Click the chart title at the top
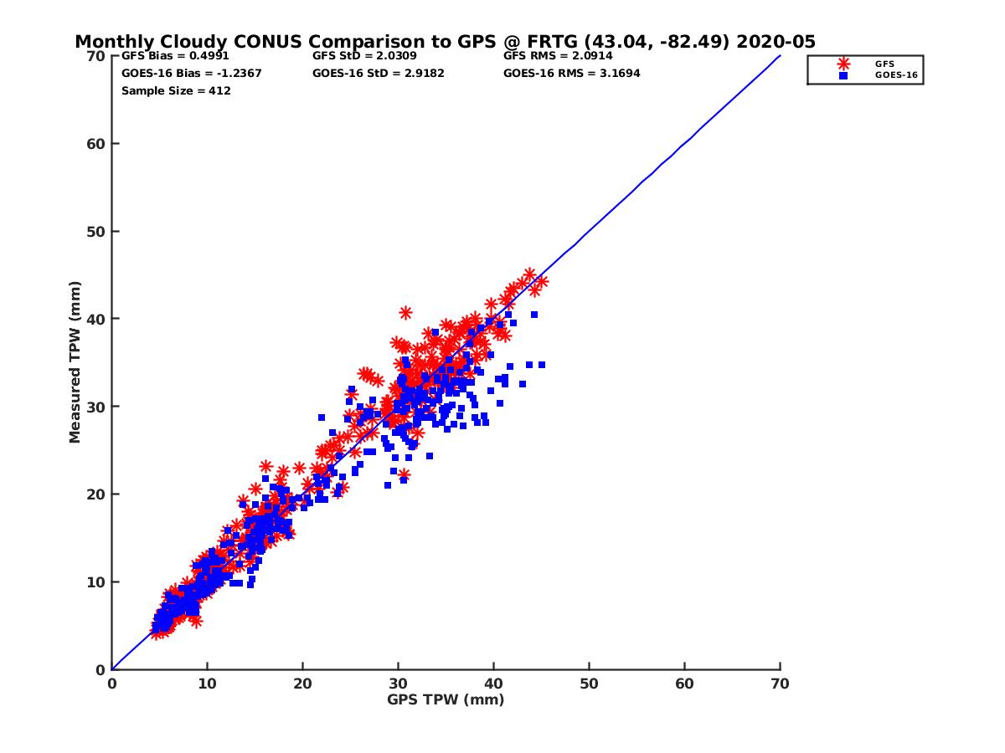(445, 42)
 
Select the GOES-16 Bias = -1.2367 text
(192, 73)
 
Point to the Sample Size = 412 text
(176, 90)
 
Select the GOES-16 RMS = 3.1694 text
(572, 73)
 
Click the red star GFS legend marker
(843, 64)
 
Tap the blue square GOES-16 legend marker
(843, 75)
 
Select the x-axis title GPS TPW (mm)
(446, 699)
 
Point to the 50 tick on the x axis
(589, 684)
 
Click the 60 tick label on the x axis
(684, 684)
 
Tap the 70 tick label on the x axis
(780, 684)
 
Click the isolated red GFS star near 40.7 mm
(405, 313)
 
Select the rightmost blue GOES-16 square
(542, 365)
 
